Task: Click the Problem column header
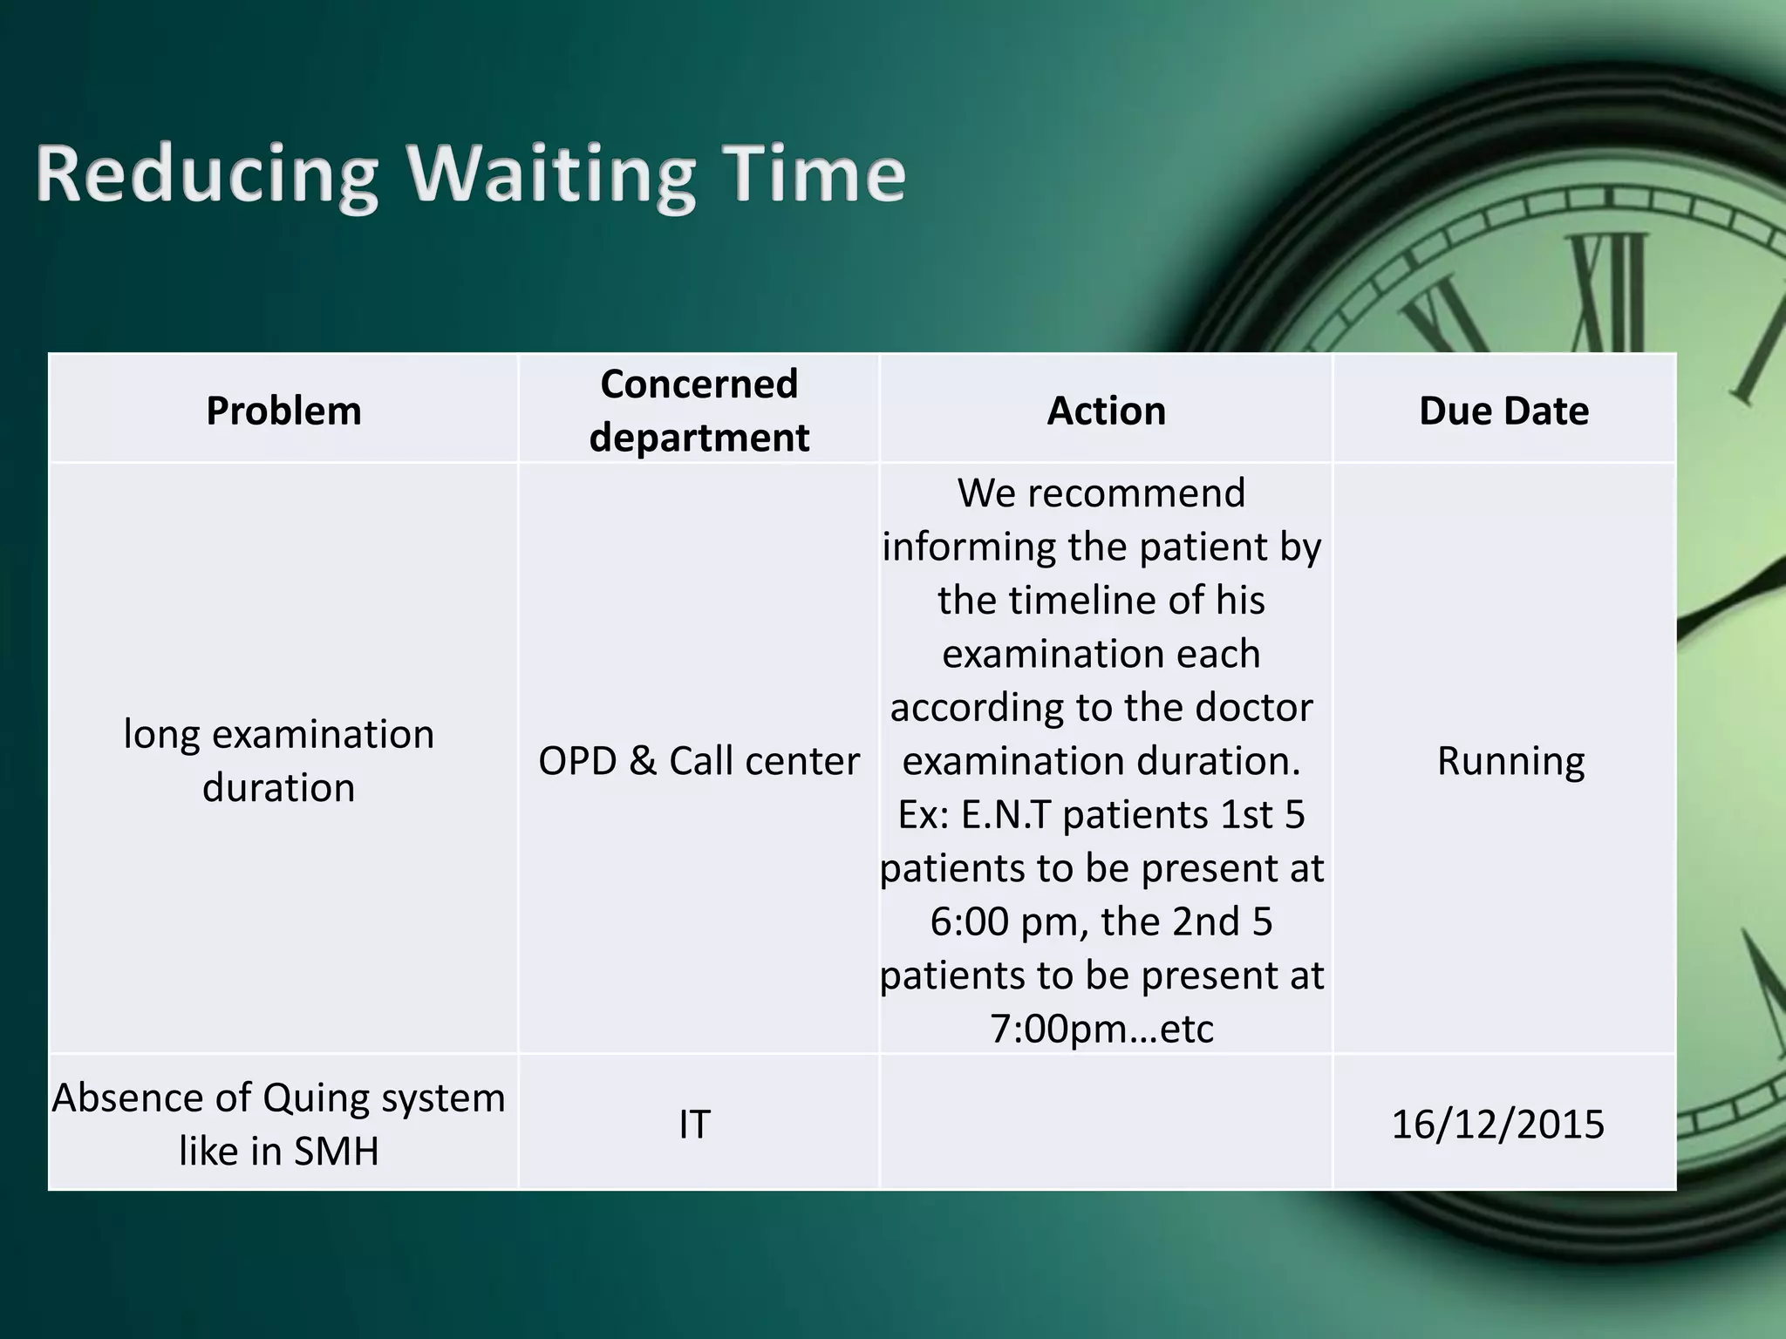(x=283, y=411)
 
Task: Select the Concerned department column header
(x=699, y=410)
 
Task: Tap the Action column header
(x=1106, y=411)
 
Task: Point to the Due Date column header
(x=1503, y=411)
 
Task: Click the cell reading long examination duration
(x=279, y=760)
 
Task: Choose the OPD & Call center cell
(x=699, y=761)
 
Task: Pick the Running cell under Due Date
(x=1510, y=761)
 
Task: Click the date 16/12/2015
(x=1497, y=1125)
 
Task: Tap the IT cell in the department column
(x=694, y=1125)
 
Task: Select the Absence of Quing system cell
(x=279, y=1124)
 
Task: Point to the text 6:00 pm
(x=1004, y=922)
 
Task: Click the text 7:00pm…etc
(x=1101, y=1030)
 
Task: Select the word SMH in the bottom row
(x=336, y=1152)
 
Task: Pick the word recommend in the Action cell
(x=1135, y=493)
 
